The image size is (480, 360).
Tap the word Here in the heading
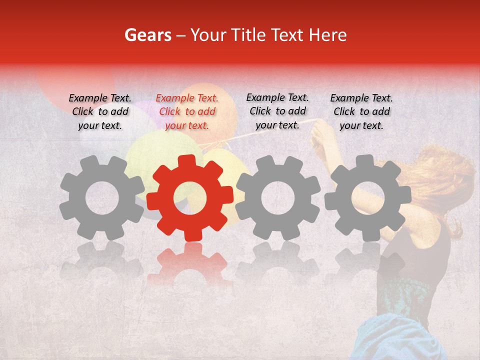328,35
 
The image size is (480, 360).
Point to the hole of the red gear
189,197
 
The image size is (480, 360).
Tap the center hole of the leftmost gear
101,197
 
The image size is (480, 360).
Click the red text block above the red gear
187,112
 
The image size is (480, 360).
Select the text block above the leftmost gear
100,112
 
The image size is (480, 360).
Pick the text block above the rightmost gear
361,112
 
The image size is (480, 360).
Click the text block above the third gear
277,111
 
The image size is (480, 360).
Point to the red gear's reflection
190,265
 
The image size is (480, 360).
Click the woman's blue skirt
400,340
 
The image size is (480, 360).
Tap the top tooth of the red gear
189,161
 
